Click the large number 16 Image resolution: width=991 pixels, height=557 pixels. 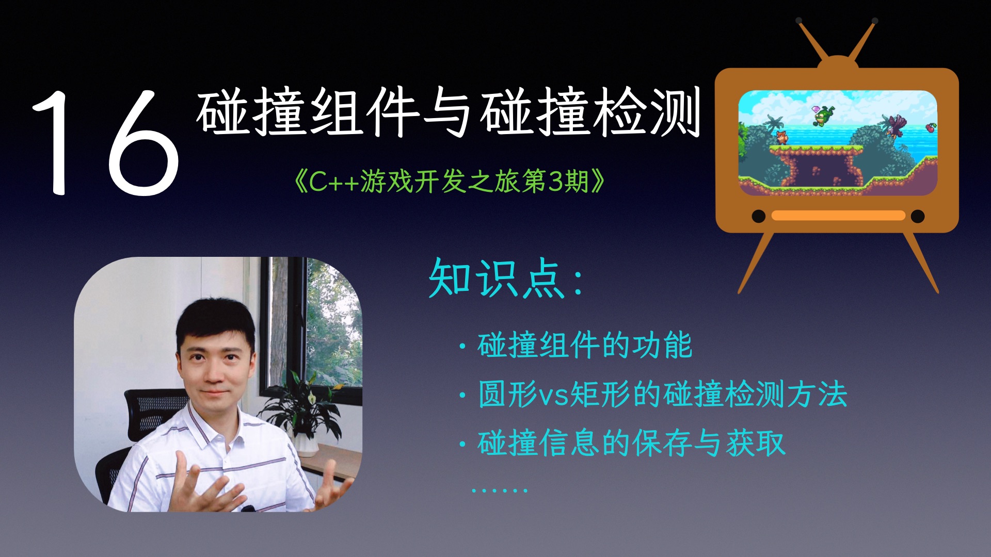point(106,143)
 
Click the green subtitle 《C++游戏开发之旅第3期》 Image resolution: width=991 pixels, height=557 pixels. point(449,182)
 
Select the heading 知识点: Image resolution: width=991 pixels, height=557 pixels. point(506,279)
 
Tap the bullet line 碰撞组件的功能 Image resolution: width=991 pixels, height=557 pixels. point(584,346)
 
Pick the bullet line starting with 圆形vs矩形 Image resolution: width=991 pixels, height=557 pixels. point(662,395)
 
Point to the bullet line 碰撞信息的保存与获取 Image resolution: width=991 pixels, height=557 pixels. point(631,443)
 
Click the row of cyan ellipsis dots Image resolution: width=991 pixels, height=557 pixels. point(499,490)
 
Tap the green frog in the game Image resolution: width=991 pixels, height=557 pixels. point(824,116)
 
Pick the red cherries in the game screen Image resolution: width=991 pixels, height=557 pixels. point(931,127)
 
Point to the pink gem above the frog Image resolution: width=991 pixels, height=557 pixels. point(816,109)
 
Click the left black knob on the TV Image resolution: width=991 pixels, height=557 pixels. point(758,216)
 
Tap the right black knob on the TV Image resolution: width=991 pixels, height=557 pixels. point(918,216)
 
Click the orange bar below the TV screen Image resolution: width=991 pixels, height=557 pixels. point(838,216)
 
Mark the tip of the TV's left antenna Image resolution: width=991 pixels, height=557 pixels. point(799,21)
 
